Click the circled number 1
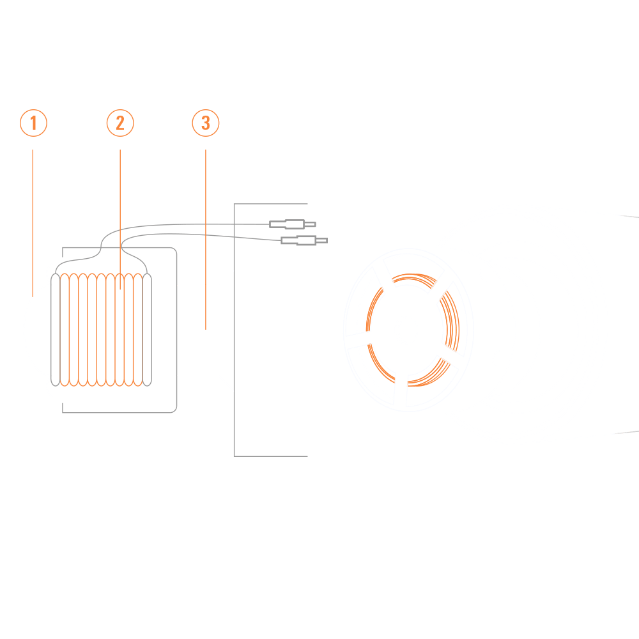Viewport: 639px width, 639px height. point(33,123)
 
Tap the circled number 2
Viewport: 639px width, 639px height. point(120,123)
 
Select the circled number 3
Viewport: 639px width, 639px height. point(206,123)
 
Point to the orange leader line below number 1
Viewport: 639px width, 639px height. point(33,223)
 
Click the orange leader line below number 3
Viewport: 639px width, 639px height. point(205,240)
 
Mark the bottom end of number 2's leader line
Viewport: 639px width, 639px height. point(120,289)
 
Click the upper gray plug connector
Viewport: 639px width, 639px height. point(293,224)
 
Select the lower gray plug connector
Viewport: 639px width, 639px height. point(304,240)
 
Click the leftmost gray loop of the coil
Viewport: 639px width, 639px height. point(56,330)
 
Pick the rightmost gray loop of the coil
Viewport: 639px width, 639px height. point(147,330)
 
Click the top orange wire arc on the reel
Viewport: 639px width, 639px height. point(414,281)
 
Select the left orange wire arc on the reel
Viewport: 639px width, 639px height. point(374,309)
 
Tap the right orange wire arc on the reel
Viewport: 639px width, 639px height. point(450,321)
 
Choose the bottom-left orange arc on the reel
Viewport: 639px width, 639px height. point(381,364)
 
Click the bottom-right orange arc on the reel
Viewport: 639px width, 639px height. point(429,373)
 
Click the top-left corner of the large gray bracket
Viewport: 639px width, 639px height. point(235,204)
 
